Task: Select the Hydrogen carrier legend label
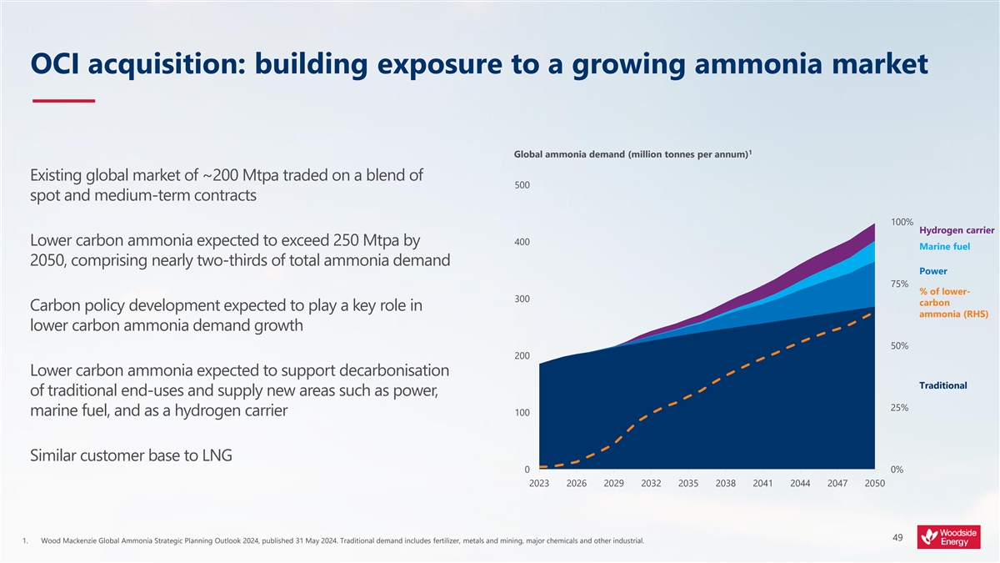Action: point(957,230)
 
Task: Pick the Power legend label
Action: point(932,271)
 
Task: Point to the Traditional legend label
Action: point(942,385)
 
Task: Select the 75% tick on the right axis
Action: point(899,284)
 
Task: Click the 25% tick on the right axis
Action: point(899,408)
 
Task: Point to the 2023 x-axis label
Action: point(539,484)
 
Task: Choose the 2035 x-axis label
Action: point(688,484)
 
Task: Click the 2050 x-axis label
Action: point(875,484)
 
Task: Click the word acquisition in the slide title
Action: point(157,64)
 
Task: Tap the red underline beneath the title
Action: point(63,102)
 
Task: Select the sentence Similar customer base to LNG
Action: point(132,455)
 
